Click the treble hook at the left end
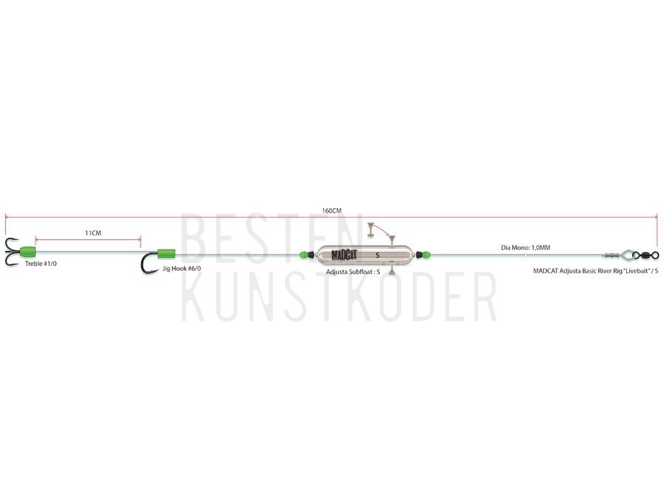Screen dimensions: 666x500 coord(11,252)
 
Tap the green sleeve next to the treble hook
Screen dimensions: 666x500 coord(27,252)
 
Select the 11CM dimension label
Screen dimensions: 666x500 coord(93,233)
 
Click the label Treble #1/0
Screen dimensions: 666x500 coord(41,264)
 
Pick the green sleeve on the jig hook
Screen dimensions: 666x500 coord(166,254)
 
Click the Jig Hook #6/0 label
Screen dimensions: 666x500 coord(182,269)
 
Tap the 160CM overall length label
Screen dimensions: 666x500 coord(332,210)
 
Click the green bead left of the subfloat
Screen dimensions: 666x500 coord(303,255)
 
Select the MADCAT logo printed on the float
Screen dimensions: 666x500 coord(344,255)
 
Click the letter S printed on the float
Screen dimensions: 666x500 coord(377,256)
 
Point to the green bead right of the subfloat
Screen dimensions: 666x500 coord(426,255)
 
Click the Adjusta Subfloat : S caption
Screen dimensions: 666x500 coord(353,272)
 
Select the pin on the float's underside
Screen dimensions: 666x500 coord(392,270)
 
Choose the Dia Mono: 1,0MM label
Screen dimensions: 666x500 coord(525,247)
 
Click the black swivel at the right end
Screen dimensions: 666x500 coord(645,255)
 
